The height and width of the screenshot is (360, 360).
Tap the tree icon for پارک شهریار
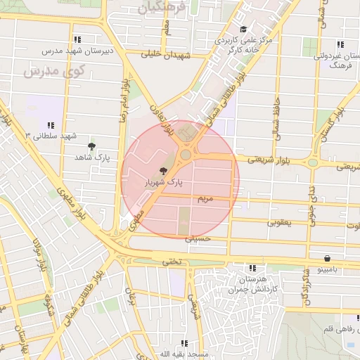pyautogui.click(x=163, y=171)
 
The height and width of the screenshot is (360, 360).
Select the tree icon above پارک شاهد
pyautogui.click(x=91, y=146)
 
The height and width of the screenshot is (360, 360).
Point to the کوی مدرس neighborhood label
pyautogui.click(x=53, y=71)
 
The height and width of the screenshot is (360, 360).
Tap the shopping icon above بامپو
pyautogui.click(x=328, y=258)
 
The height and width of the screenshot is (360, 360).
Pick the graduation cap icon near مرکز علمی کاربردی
pyautogui.click(x=243, y=30)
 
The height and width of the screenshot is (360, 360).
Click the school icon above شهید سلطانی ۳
pyautogui.click(x=51, y=124)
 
